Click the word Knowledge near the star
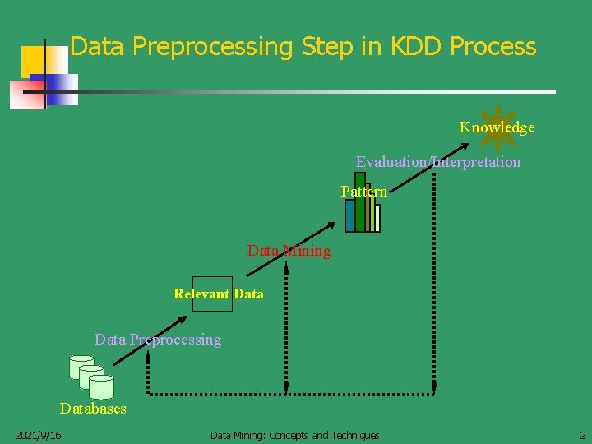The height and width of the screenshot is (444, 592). [x=497, y=127]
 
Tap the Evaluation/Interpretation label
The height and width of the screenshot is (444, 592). [x=437, y=162]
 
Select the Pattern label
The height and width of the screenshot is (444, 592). [x=363, y=192]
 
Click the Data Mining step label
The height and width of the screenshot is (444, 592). [x=289, y=251]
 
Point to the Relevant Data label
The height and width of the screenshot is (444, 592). [x=219, y=294]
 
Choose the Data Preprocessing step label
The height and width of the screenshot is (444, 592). [x=158, y=340]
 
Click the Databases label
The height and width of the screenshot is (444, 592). [x=93, y=409]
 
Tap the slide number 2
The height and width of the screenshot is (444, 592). [x=581, y=435]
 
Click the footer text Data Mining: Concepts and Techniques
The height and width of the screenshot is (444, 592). [x=294, y=435]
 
